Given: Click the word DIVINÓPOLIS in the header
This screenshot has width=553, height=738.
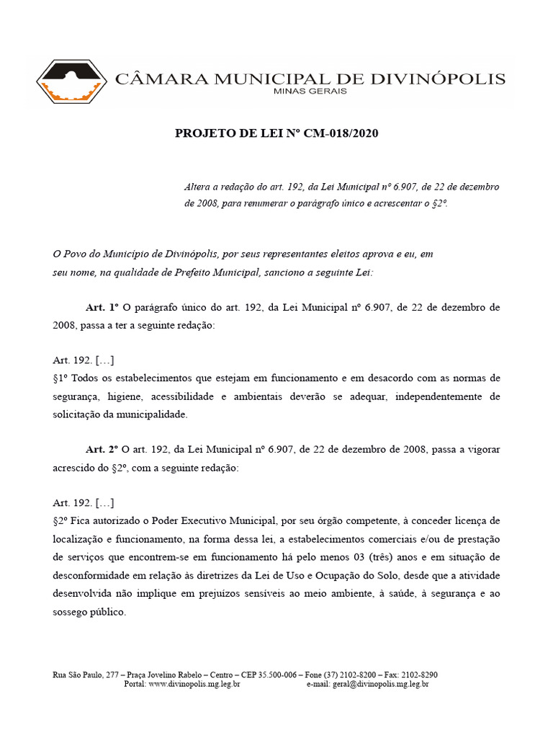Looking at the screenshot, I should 442,79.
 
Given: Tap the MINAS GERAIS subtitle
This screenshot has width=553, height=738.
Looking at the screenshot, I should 311,92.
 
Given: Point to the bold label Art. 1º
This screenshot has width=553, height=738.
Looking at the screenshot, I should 102,307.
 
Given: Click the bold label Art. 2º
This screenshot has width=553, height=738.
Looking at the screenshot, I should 102,449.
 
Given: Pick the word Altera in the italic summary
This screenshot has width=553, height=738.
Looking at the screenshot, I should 199,187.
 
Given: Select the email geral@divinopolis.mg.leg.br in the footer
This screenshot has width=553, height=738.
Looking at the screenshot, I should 381,684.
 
